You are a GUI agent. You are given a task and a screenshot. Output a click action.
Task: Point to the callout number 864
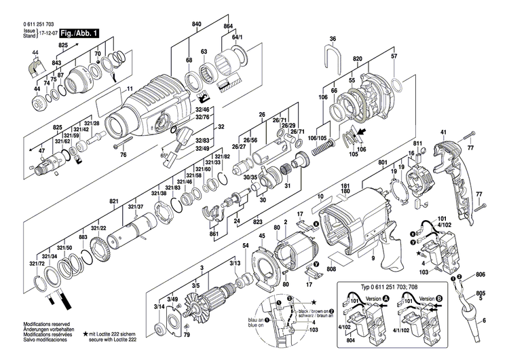point(229,24)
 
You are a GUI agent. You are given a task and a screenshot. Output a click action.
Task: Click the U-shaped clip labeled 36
point(333,51)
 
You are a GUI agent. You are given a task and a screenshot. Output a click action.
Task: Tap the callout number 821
point(114,202)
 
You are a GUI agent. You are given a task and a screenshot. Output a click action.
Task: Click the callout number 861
point(214,234)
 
